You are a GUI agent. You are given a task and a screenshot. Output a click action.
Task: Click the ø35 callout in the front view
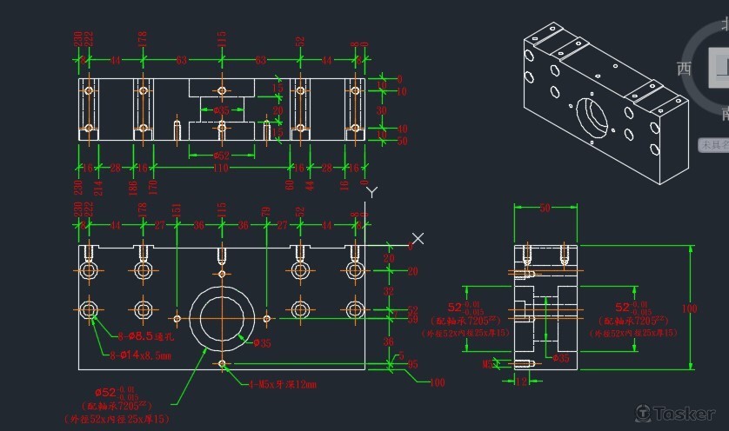coord(262,344)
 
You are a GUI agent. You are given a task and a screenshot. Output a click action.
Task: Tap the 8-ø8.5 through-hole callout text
coord(145,335)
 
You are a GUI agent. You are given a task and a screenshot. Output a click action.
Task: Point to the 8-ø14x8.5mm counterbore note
coord(140,355)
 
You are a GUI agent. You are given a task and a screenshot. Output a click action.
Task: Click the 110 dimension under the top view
coord(221,167)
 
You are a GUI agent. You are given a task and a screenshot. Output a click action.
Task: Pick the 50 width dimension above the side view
coord(545,209)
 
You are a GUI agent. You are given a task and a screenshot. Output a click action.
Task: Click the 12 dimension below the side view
coord(522,380)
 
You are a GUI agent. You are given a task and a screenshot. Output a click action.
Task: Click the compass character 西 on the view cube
coord(685,68)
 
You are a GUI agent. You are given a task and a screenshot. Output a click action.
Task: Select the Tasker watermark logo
coord(676,413)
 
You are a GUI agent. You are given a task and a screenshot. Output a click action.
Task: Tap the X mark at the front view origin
coord(418,238)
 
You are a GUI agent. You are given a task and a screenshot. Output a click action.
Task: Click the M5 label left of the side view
coord(488,365)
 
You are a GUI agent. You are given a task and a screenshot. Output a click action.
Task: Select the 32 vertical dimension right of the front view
coord(389,291)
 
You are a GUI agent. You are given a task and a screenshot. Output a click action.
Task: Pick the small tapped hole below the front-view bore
coord(223,363)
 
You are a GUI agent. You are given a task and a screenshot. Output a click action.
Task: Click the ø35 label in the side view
coord(561,357)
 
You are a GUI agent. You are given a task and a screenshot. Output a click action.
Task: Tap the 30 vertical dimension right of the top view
coord(380,110)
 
